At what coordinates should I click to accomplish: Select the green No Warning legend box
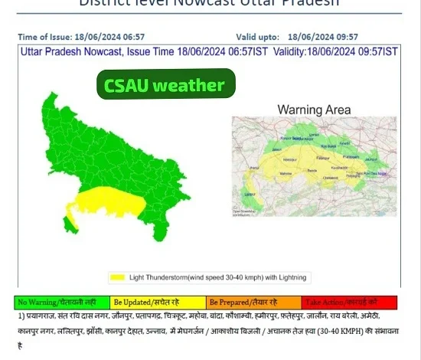coord(62,303)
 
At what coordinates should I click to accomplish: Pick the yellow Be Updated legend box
coord(158,303)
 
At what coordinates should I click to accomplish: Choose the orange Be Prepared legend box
coord(254,303)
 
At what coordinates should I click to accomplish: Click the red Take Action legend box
coord(349,303)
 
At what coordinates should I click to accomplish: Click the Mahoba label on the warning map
coord(287,174)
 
